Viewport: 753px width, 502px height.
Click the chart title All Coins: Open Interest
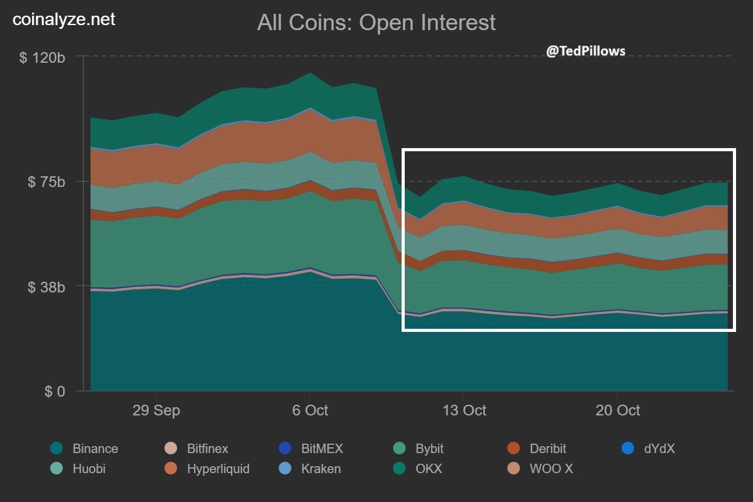pyautogui.click(x=376, y=23)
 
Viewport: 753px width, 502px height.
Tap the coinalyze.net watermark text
pyautogui.click(x=64, y=19)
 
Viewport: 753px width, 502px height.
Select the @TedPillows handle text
pyautogui.click(x=585, y=51)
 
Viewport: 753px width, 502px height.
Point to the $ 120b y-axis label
pyautogui.click(x=42, y=58)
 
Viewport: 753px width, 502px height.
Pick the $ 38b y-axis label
pyautogui.click(x=45, y=287)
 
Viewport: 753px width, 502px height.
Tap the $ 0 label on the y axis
pyautogui.click(x=54, y=392)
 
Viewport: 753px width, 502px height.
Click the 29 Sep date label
pyautogui.click(x=156, y=410)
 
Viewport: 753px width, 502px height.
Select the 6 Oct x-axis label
pyautogui.click(x=310, y=410)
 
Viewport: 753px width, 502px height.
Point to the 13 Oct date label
pyautogui.click(x=464, y=410)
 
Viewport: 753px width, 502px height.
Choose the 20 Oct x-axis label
pyautogui.click(x=617, y=410)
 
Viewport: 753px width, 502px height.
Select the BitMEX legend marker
pyautogui.click(x=285, y=449)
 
